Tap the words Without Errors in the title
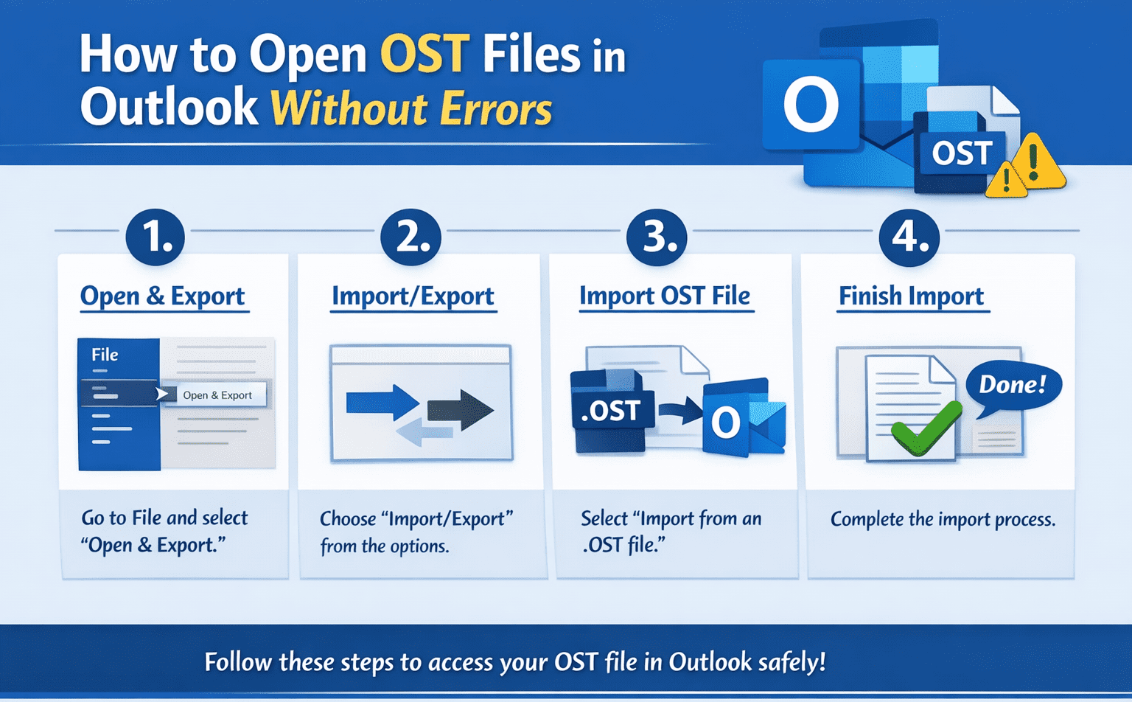coord(411,109)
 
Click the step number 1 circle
coord(155,237)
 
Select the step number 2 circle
coord(410,237)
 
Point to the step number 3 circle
coord(656,237)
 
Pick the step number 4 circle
coord(909,237)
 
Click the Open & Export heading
coord(162,296)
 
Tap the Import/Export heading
coord(413,296)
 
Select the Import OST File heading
coord(665,296)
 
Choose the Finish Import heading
coord(911,296)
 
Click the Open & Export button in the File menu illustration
coord(217,395)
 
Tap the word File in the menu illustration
coord(105,355)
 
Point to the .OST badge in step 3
coord(612,410)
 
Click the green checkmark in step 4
coord(926,428)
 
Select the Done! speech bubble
coord(1013,384)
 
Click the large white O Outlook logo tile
coord(811,105)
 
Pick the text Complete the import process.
coord(943,519)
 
